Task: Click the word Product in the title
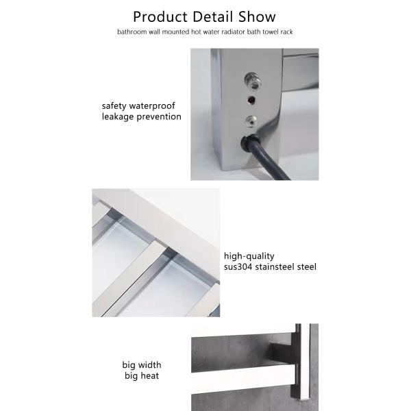pyautogui.click(x=160, y=17)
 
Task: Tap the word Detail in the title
pyautogui.click(x=213, y=16)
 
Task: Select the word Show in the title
pyautogui.click(x=257, y=16)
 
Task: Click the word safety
pyautogui.click(x=114, y=106)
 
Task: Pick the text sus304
pyautogui.click(x=238, y=267)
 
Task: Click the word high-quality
pyautogui.click(x=249, y=256)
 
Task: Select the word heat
pyautogui.click(x=149, y=376)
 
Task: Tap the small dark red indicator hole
pyautogui.click(x=251, y=100)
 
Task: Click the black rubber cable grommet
pyautogui.click(x=248, y=143)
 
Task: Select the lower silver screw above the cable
pyautogui.click(x=251, y=122)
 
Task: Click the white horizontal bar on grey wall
pyautogui.click(x=244, y=378)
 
